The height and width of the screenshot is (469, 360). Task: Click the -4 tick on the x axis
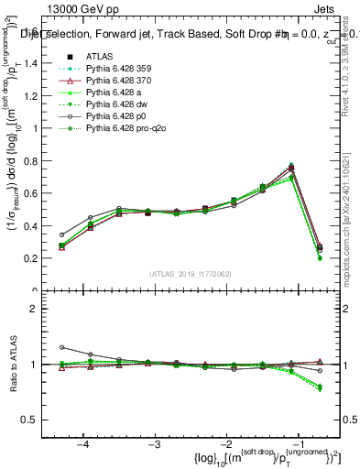point(83,443)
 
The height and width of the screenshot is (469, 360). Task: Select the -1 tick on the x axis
point(297,443)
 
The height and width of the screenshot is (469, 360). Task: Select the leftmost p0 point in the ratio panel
point(62,347)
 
